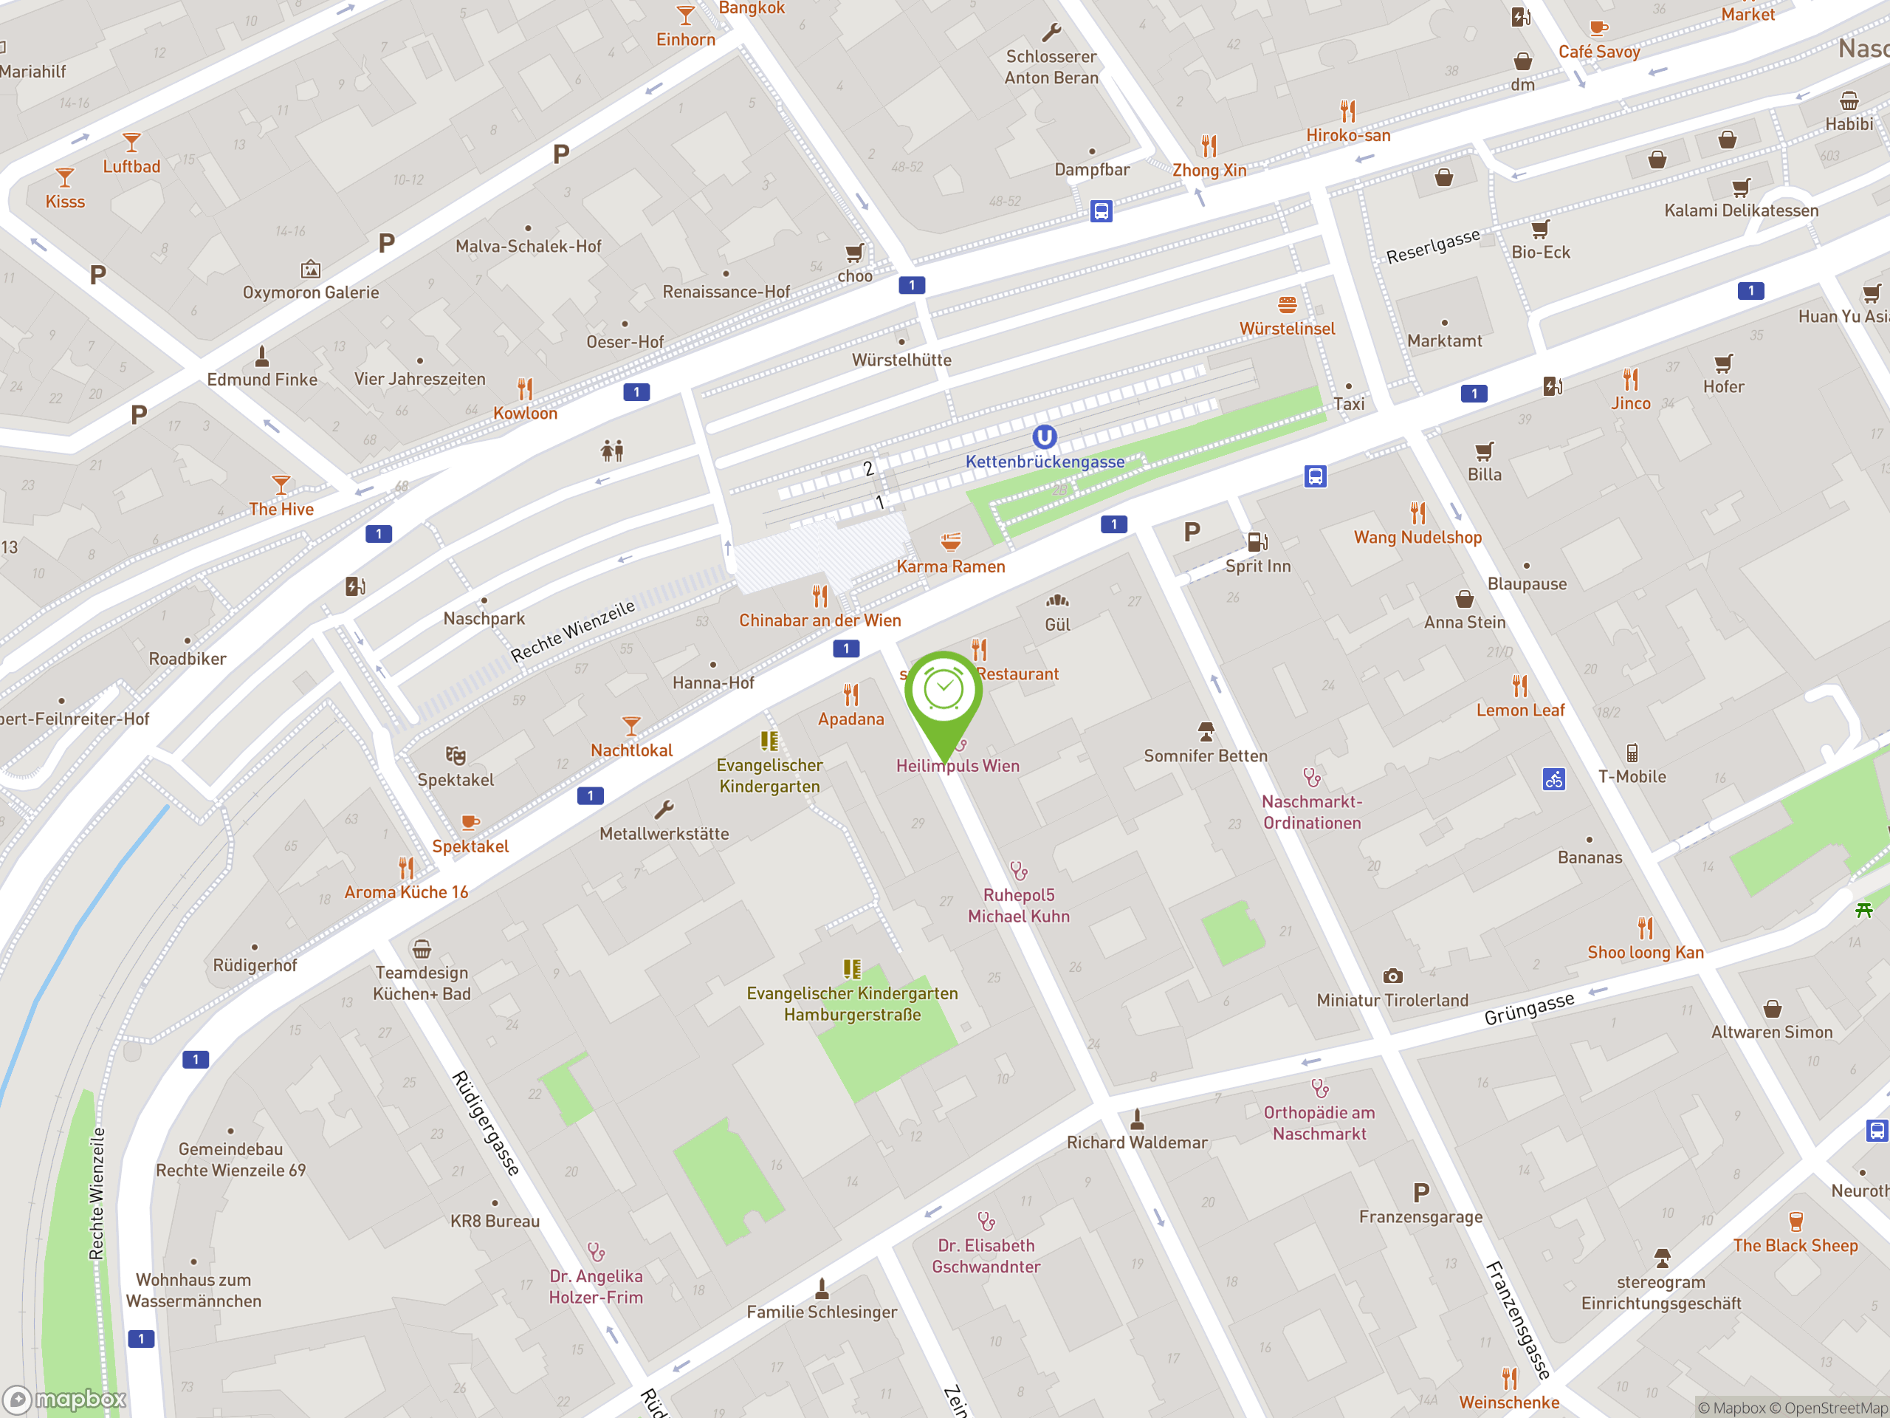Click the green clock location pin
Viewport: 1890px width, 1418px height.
point(944,692)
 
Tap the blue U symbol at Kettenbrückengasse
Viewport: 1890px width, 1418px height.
point(1044,436)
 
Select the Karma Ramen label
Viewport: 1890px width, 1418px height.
point(950,566)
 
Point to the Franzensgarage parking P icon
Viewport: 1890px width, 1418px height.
point(1421,1192)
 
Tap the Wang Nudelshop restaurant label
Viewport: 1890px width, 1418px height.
point(1417,537)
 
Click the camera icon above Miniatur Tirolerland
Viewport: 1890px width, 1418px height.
point(1392,976)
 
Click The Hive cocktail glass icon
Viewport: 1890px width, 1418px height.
point(281,484)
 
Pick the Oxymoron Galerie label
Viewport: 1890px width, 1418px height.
point(310,292)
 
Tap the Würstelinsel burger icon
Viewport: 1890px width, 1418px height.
point(1288,304)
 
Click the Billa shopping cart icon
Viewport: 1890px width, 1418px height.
point(1484,451)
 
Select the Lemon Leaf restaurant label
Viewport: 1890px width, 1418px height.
point(1520,710)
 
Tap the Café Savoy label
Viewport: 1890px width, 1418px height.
point(1598,51)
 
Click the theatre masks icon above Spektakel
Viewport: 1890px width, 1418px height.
point(456,756)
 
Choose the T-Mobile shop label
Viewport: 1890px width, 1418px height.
point(1632,776)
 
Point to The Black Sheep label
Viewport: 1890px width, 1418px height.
point(1795,1245)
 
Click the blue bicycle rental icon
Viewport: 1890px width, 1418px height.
point(1553,778)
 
